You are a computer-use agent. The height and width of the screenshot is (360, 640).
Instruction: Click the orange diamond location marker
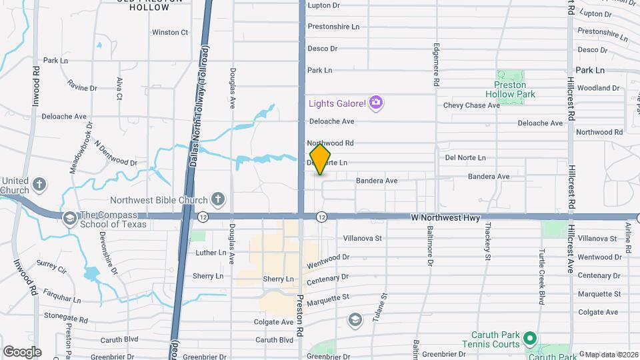[321, 159]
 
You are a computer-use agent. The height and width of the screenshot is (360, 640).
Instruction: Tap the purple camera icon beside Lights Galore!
[376, 103]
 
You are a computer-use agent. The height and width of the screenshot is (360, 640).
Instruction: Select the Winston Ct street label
[170, 32]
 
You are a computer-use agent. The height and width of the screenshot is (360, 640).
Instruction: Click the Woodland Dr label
[598, 88]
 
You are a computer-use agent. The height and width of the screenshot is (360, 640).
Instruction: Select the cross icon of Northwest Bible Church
[217, 198]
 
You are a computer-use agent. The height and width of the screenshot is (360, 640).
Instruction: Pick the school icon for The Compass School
[69, 218]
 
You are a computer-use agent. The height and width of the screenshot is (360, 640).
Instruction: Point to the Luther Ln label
[211, 253]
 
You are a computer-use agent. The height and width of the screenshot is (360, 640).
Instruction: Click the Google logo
[22, 351]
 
